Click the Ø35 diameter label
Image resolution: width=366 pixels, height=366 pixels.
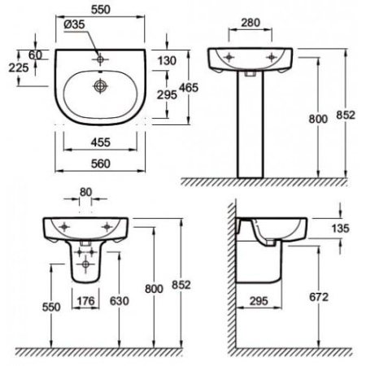point(74,24)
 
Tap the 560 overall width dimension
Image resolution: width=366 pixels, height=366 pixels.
point(101,163)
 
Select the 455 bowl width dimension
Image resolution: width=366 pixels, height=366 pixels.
point(101,142)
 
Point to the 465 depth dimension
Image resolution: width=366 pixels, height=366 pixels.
point(189,88)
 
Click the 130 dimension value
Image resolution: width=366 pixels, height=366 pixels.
point(167,61)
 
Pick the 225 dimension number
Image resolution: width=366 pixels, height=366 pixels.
point(19,68)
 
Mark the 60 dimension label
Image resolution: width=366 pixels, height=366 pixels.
point(36,55)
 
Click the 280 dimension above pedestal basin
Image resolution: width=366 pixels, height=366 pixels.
point(251,23)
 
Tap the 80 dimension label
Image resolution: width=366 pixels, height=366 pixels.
point(85,192)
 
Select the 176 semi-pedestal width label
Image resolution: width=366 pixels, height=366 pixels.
point(86,301)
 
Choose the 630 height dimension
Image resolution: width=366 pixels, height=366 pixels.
point(120,301)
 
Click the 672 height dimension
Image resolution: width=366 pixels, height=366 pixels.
point(319,297)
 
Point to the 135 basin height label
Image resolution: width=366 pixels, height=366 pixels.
point(341,229)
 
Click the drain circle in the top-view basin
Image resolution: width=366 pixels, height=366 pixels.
point(101,86)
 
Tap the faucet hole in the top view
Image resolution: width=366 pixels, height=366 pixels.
point(100,59)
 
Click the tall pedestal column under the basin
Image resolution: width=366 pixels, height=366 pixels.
point(251,124)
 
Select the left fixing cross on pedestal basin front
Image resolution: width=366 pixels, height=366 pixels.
point(229,57)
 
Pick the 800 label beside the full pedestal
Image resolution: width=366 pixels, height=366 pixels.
point(318,119)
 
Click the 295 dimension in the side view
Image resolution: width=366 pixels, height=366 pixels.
point(259,301)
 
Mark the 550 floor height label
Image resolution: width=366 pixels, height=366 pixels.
point(51,307)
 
